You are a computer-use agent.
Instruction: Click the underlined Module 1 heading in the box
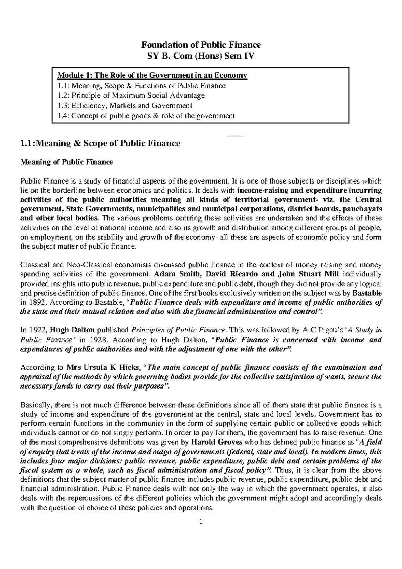click(152, 75)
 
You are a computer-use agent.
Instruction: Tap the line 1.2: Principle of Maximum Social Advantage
click(131, 95)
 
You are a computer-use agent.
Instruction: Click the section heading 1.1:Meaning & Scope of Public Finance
click(100, 144)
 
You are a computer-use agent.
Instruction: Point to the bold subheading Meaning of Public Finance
click(67, 162)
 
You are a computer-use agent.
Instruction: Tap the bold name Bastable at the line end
click(368, 293)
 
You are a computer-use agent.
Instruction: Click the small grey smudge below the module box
click(236, 136)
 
